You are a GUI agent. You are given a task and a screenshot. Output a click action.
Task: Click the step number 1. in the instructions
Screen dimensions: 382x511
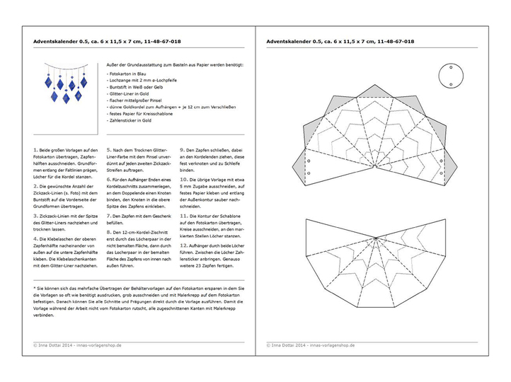[x=35, y=151]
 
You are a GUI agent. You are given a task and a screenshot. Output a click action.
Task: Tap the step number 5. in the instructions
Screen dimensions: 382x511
[x=108, y=151]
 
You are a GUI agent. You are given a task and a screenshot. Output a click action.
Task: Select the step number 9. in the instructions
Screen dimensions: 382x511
[x=181, y=151]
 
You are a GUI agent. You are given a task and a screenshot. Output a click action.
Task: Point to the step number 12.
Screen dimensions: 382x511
[x=183, y=244]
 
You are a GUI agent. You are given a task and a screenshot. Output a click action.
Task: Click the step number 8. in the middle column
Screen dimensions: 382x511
[x=108, y=231]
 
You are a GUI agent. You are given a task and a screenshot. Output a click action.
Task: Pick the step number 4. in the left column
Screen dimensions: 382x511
[x=35, y=238]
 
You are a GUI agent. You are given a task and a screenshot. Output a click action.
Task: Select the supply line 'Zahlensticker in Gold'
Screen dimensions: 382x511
[x=130, y=120]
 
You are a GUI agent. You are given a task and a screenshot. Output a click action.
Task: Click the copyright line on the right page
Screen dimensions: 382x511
[x=311, y=346]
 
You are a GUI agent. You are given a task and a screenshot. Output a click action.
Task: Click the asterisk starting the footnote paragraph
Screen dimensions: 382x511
[x=35, y=288]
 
